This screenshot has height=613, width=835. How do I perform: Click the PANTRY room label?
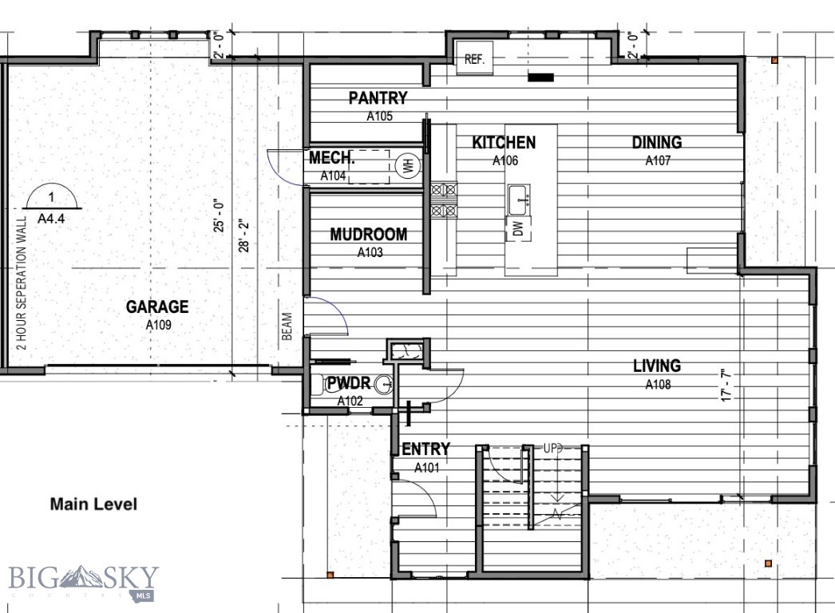point(378,98)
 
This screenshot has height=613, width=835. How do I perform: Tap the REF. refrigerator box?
point(475,60)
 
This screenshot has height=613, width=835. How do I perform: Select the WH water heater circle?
point(406,167)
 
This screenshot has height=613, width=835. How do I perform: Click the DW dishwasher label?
point(518,230)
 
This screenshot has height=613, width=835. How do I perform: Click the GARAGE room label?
point(157,306)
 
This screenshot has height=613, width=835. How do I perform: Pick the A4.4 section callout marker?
point(50,204)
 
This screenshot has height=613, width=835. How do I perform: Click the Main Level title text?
point(93,504)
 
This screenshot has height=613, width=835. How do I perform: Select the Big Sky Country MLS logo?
point(83,581)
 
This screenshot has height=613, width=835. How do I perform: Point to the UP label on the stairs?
point(552,449)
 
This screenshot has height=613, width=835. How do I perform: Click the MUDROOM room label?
point(369,235)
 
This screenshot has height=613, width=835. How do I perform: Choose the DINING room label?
point(657,143)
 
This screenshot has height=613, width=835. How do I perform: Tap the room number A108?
point(658,385)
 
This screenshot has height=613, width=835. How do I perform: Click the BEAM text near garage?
point(287,326)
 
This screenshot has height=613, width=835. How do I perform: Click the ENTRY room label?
point(425,449)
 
